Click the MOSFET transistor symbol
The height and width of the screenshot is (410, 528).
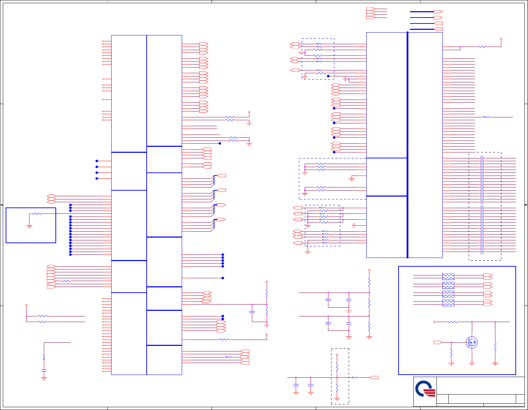pyautogui.click(x=472, y=342)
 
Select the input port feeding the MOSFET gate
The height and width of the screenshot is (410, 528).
pyautogui.click(x=438, y=342)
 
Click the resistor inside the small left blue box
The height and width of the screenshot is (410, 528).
pyautogui.click(x=37, y=214)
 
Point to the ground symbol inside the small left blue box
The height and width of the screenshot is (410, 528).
pyautogui.click(x=29, y=227)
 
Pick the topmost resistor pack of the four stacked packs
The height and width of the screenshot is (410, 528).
pyautogui.click(x=448, y=276)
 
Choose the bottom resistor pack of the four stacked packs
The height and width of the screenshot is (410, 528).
pyautogui.click(x=448, y=303)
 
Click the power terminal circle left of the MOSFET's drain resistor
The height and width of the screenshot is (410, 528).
pyautogui.click(x=435, y=322)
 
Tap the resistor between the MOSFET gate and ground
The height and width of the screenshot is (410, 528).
pyautogui.click(x=451, y=353)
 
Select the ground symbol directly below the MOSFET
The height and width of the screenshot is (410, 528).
pyautogui.click(x=472, y=364)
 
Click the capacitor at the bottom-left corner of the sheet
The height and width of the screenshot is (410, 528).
pyautogui.click(x=44, y=370)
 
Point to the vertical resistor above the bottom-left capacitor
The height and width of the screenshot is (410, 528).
pyautogui.click(x=44, y=357)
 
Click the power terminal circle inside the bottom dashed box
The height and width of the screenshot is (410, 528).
pyautogui.click(x=337, y=355)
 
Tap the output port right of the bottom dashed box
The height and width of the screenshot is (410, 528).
pyautogui.click(x=374, y=377)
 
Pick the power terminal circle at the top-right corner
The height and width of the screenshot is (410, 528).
pyautogui.click(x=501, y=39)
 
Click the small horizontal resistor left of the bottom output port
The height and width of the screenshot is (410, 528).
pyautogui.click(x=355, y=377)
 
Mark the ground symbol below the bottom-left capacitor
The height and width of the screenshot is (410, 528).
pyautogui.click(x=44, y=379)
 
